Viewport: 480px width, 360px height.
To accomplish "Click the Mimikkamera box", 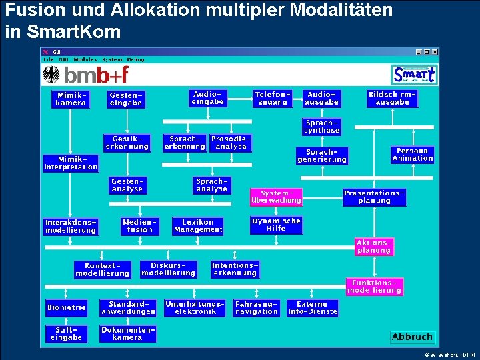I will pyautogui.click(x=71, y=99).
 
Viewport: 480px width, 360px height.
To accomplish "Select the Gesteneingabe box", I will pyautogui.click(x=126, y=99).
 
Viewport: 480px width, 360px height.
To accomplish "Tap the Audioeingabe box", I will pyautogui.click(x=207, y=98).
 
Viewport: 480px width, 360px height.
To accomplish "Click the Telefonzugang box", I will pyautogui.click(x=272, y=98).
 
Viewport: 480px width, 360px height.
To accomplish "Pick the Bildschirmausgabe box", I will pyautogui.click(x=392, y=98).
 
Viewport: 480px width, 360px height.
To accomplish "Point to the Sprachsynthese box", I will pyautogui.click(x=322, y=127).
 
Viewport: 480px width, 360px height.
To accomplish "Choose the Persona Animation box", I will pyautogui.click(x=413, y=155).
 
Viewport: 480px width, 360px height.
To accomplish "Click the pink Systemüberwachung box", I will pyautogui.click(x=276, y=197).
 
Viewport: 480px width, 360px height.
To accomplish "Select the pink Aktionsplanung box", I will pyautogui.click(x=374, y=247).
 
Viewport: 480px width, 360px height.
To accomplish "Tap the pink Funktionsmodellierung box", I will pyautogui.click(x=374, y=287).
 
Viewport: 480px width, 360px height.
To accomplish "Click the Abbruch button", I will pyautogui.click(x=413, y=337).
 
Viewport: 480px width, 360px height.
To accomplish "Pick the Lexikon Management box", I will pyautogui.click(x=198, y=226).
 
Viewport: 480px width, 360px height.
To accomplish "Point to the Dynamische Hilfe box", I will pyautogui.click(x=276, y=225).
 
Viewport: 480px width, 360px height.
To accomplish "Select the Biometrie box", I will pyautogui.click(x=67, y=307).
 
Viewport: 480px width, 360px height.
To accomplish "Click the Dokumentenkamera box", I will pyautogui.click(x=127, y=333).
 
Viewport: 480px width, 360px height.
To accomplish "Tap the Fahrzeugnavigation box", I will pyautogui.click(x=257, y=307).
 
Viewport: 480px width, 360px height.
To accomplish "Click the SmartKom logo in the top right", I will pyautogui.click(x=415, y=74).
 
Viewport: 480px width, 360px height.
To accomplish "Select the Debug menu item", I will pyautogui.click(x=136, y=59).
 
